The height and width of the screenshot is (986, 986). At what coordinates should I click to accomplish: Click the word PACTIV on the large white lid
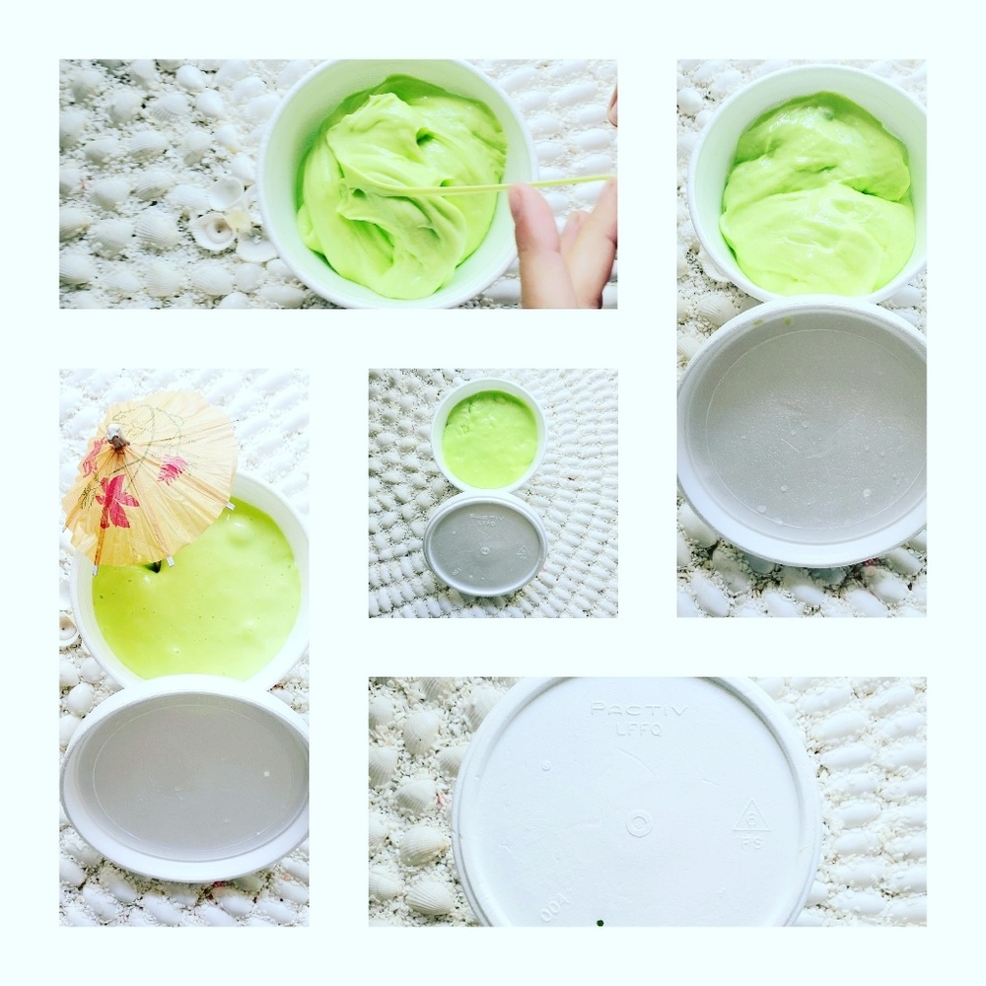tap(624, 709)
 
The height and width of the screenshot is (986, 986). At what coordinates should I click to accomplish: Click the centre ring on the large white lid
tap(639, 823)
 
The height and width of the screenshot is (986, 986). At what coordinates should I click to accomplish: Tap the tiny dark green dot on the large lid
tap(599, 924)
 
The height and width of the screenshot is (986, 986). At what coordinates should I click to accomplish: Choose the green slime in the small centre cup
tap(489, 439)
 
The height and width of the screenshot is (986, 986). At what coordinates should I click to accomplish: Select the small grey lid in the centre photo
tap(485, 544)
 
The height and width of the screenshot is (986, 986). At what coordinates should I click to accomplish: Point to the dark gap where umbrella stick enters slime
tap(155, 566)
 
